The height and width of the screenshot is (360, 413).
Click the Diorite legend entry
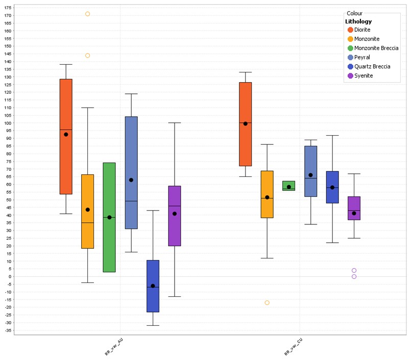point(362,30)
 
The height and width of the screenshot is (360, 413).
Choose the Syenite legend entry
point(363,75)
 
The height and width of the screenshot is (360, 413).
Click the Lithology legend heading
point(358,21)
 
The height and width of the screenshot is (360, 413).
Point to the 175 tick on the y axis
point(7,8)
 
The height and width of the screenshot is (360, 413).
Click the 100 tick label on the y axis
point(7,123)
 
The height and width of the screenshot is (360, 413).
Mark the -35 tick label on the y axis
point(7,330)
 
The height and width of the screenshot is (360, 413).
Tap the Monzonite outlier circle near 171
point(87,14)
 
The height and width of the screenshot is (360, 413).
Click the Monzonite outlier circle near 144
point(87,56)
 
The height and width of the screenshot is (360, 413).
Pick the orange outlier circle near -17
point(267,303)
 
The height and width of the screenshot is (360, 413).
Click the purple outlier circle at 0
point(354,276)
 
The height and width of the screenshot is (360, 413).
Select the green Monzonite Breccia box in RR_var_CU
point(288,186)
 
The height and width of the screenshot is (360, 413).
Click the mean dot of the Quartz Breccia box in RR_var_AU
point(153,286)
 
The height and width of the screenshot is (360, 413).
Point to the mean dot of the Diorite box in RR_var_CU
point(246,123)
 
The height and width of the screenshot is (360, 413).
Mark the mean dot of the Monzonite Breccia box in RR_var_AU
point(109,217)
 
